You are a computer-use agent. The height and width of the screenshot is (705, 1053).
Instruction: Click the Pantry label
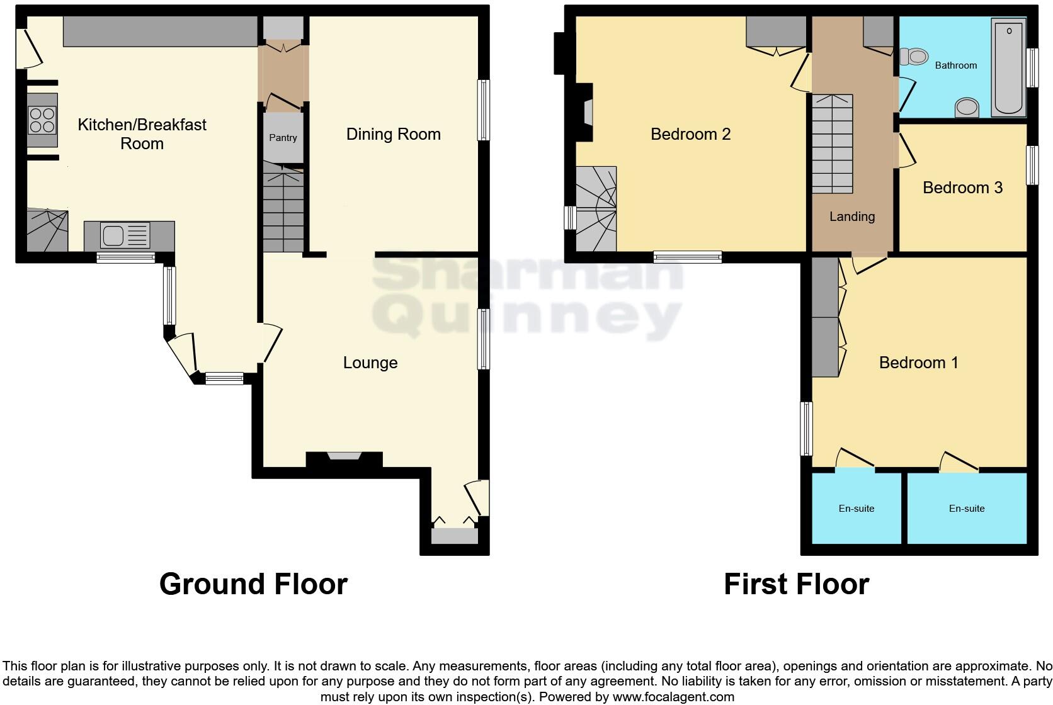[283, 138]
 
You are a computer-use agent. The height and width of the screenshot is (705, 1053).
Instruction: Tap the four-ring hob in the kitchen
[42, 120]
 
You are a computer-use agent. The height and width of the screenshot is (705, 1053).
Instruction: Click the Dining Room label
[394, 134]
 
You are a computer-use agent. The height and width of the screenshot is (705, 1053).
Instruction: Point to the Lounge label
[370, 363]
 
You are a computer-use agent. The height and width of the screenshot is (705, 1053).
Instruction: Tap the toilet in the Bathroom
[914, 57]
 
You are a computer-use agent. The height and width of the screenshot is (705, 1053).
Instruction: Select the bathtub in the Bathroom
[1009, 67]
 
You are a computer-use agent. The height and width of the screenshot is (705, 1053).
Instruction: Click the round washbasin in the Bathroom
[967, 108]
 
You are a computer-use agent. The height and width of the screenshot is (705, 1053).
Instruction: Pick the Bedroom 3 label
[962, 188]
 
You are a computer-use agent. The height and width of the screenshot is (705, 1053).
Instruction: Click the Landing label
[852, 217]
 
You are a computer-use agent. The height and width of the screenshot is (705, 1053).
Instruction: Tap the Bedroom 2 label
[690, 134]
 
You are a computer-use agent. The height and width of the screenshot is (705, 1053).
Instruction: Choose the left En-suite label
[857, 509]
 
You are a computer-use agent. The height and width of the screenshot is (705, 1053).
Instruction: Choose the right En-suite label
[967, 509]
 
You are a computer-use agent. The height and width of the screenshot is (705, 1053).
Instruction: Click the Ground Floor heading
[253, 584]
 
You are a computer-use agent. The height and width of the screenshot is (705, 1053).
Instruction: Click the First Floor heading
[796, 584]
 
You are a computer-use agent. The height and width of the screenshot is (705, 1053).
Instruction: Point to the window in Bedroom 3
[1032, 166]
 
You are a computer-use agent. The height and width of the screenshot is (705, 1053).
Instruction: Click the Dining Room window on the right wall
[483, 110]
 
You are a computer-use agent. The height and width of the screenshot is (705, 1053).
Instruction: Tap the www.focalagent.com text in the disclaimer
[673, 697]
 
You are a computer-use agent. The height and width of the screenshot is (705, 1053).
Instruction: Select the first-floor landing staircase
[832, 144]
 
